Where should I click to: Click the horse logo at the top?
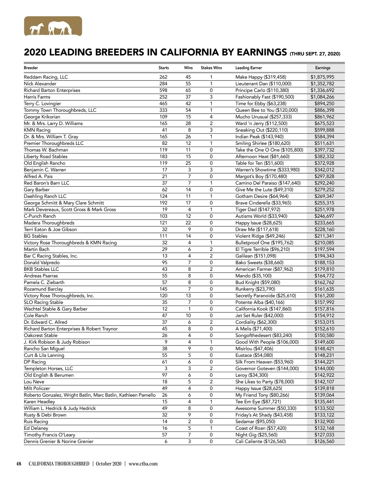coord(53,26)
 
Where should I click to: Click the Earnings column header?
coord(323,68)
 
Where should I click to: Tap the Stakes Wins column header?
coord(211,68)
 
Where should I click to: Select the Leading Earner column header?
coord(248,68)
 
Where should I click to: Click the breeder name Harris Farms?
coord(37,97)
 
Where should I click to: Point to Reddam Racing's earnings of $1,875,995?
coord(322,77)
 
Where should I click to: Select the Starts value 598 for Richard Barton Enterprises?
coord(163,90)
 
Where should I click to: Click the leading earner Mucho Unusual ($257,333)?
coord(264,117)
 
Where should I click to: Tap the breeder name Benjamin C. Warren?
coord(45,170)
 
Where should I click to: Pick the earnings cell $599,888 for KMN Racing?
coord(324,130)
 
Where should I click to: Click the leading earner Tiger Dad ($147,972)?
coord(258,209)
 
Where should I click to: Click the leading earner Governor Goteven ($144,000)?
coord(267,369)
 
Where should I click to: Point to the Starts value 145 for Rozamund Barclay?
coord(163,289)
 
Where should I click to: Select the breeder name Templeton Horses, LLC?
coord(48,369)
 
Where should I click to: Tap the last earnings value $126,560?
coord(324,441)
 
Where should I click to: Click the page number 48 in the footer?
coord(19,464)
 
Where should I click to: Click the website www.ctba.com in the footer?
coord(143,464)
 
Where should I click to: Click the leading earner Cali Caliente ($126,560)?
coord(260,441)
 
